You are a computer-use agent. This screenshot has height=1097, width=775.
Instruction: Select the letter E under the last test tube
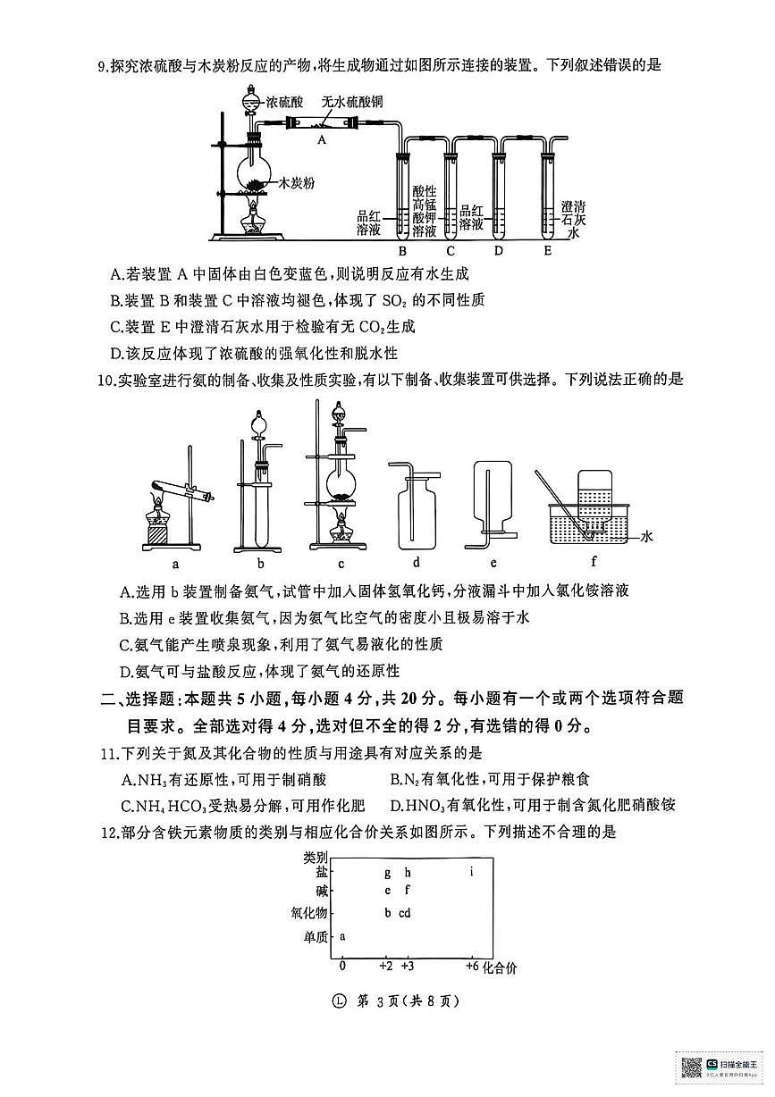point(547,250)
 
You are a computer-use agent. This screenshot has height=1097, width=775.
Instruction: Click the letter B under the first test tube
point(402,250)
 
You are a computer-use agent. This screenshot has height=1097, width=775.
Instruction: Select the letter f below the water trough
point(594,563)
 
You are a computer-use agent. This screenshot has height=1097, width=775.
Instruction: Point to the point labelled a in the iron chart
point(343,936)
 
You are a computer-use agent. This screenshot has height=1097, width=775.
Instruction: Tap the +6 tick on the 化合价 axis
point(473,967)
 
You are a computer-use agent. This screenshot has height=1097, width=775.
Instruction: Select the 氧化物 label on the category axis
point(309,913)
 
